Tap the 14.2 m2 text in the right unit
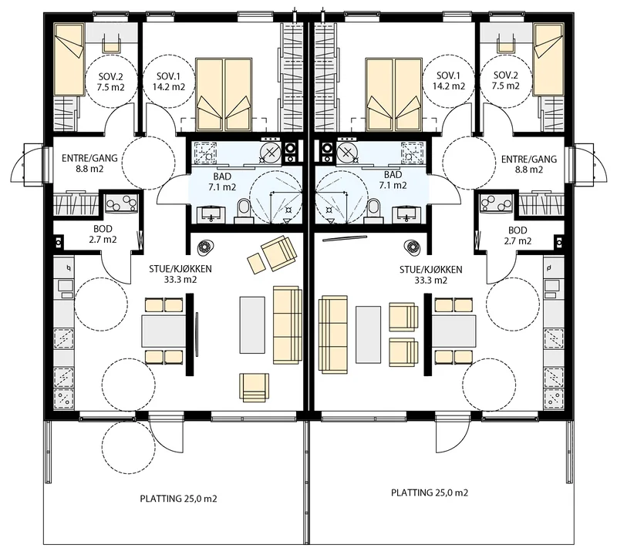[449, 86]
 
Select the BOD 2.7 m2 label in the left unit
[103, 234]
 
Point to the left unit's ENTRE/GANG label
[89, 163]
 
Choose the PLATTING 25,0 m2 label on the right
[430, 492]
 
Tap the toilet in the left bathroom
[244, 208]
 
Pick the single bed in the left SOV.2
[69, 59]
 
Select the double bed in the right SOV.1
[394, 95]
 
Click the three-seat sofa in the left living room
[287, 324]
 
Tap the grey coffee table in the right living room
[369, 334]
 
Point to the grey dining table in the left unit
[164, 330]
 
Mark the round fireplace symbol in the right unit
[413, 247]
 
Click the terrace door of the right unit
[452, 432]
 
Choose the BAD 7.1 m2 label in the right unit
[393, 180]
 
